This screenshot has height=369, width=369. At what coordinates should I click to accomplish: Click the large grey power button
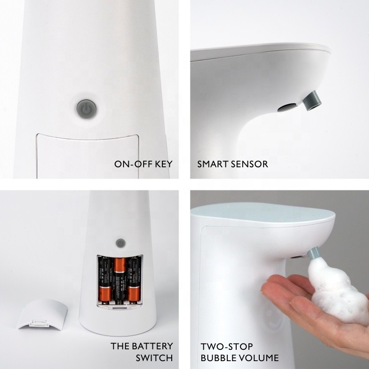pos(87,109)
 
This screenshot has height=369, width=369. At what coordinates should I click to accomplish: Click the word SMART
pos(213,164)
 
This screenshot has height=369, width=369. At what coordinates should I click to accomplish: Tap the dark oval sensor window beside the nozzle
pos(287,108)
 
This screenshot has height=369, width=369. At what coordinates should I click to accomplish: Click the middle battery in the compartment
pos(120,279)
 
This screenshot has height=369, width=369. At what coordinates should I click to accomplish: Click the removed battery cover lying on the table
pos(42,314)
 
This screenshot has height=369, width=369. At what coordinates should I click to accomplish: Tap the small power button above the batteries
pos(121,243)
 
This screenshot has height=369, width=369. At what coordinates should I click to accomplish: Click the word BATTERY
pos(152,346)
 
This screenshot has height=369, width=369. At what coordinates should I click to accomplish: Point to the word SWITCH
pos(154,358)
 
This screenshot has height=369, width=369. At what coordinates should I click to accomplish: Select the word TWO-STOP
pos(227,346)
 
